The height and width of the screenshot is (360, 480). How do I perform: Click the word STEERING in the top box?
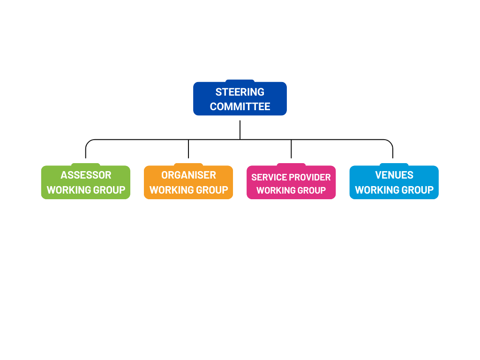click(x=240, y=92)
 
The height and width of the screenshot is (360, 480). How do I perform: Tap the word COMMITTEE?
click(x=240, y=106)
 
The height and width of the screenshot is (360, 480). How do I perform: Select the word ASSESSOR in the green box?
click(x=86, y=175)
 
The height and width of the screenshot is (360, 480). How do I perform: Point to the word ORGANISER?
click(x=188, y=175)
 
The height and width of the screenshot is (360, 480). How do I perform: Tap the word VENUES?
click(x=394, y=175)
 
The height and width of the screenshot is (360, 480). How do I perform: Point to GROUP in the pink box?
click(x=312, y=190)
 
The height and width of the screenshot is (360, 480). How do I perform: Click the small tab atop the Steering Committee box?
click(x=240, y=81)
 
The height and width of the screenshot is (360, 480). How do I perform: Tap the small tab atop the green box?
click(x=85, y=164)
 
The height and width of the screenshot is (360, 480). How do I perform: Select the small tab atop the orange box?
click(x=188, y=164)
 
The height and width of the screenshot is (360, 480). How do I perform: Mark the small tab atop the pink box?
click(x=291, y=164)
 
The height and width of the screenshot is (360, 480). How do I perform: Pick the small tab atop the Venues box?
click(x=394, y=164)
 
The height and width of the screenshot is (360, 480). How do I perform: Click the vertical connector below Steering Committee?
click(x=240, y=129)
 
